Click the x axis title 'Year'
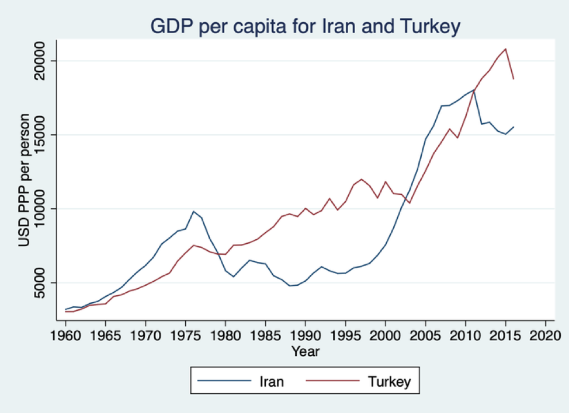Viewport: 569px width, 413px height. click(306, 352)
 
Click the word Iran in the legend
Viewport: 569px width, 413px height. click(271, 382)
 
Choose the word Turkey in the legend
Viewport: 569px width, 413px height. click(390, 382)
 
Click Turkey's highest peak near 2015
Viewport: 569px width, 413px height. click(505, 48)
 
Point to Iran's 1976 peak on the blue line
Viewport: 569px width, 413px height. click(193, 211)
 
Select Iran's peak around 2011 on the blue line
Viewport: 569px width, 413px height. click(474, 90)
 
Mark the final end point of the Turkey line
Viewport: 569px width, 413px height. click(514, 79)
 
